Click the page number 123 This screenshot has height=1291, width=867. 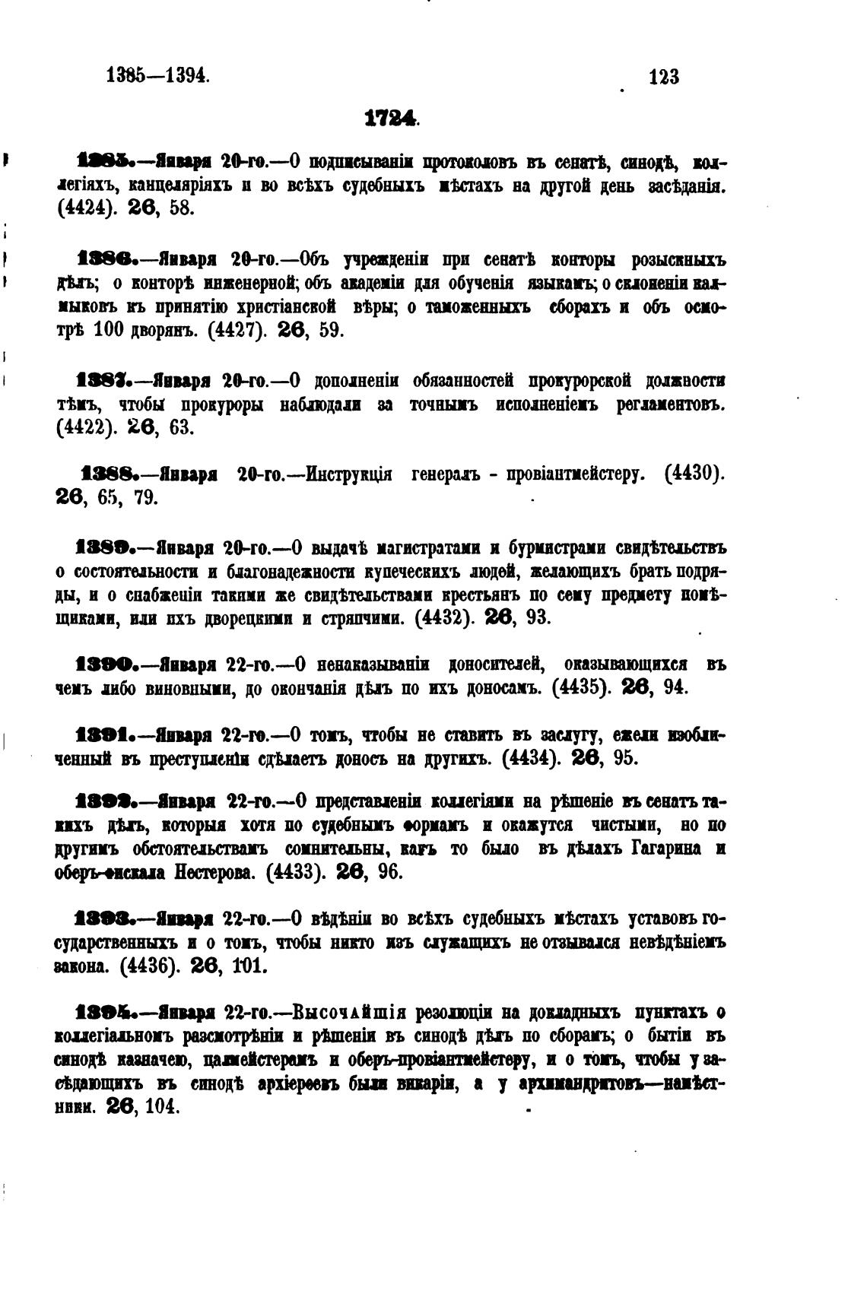(x=664, y=77)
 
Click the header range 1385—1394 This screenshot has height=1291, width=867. (x=157, y=76)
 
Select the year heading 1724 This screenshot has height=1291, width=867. (x=391, y=119)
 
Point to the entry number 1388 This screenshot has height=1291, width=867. (x=109, y=474)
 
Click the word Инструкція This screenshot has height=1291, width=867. (x=348, y=475)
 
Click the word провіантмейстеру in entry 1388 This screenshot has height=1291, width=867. (x=565, y=475)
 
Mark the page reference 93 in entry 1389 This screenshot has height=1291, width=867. (x=538, y=617)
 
